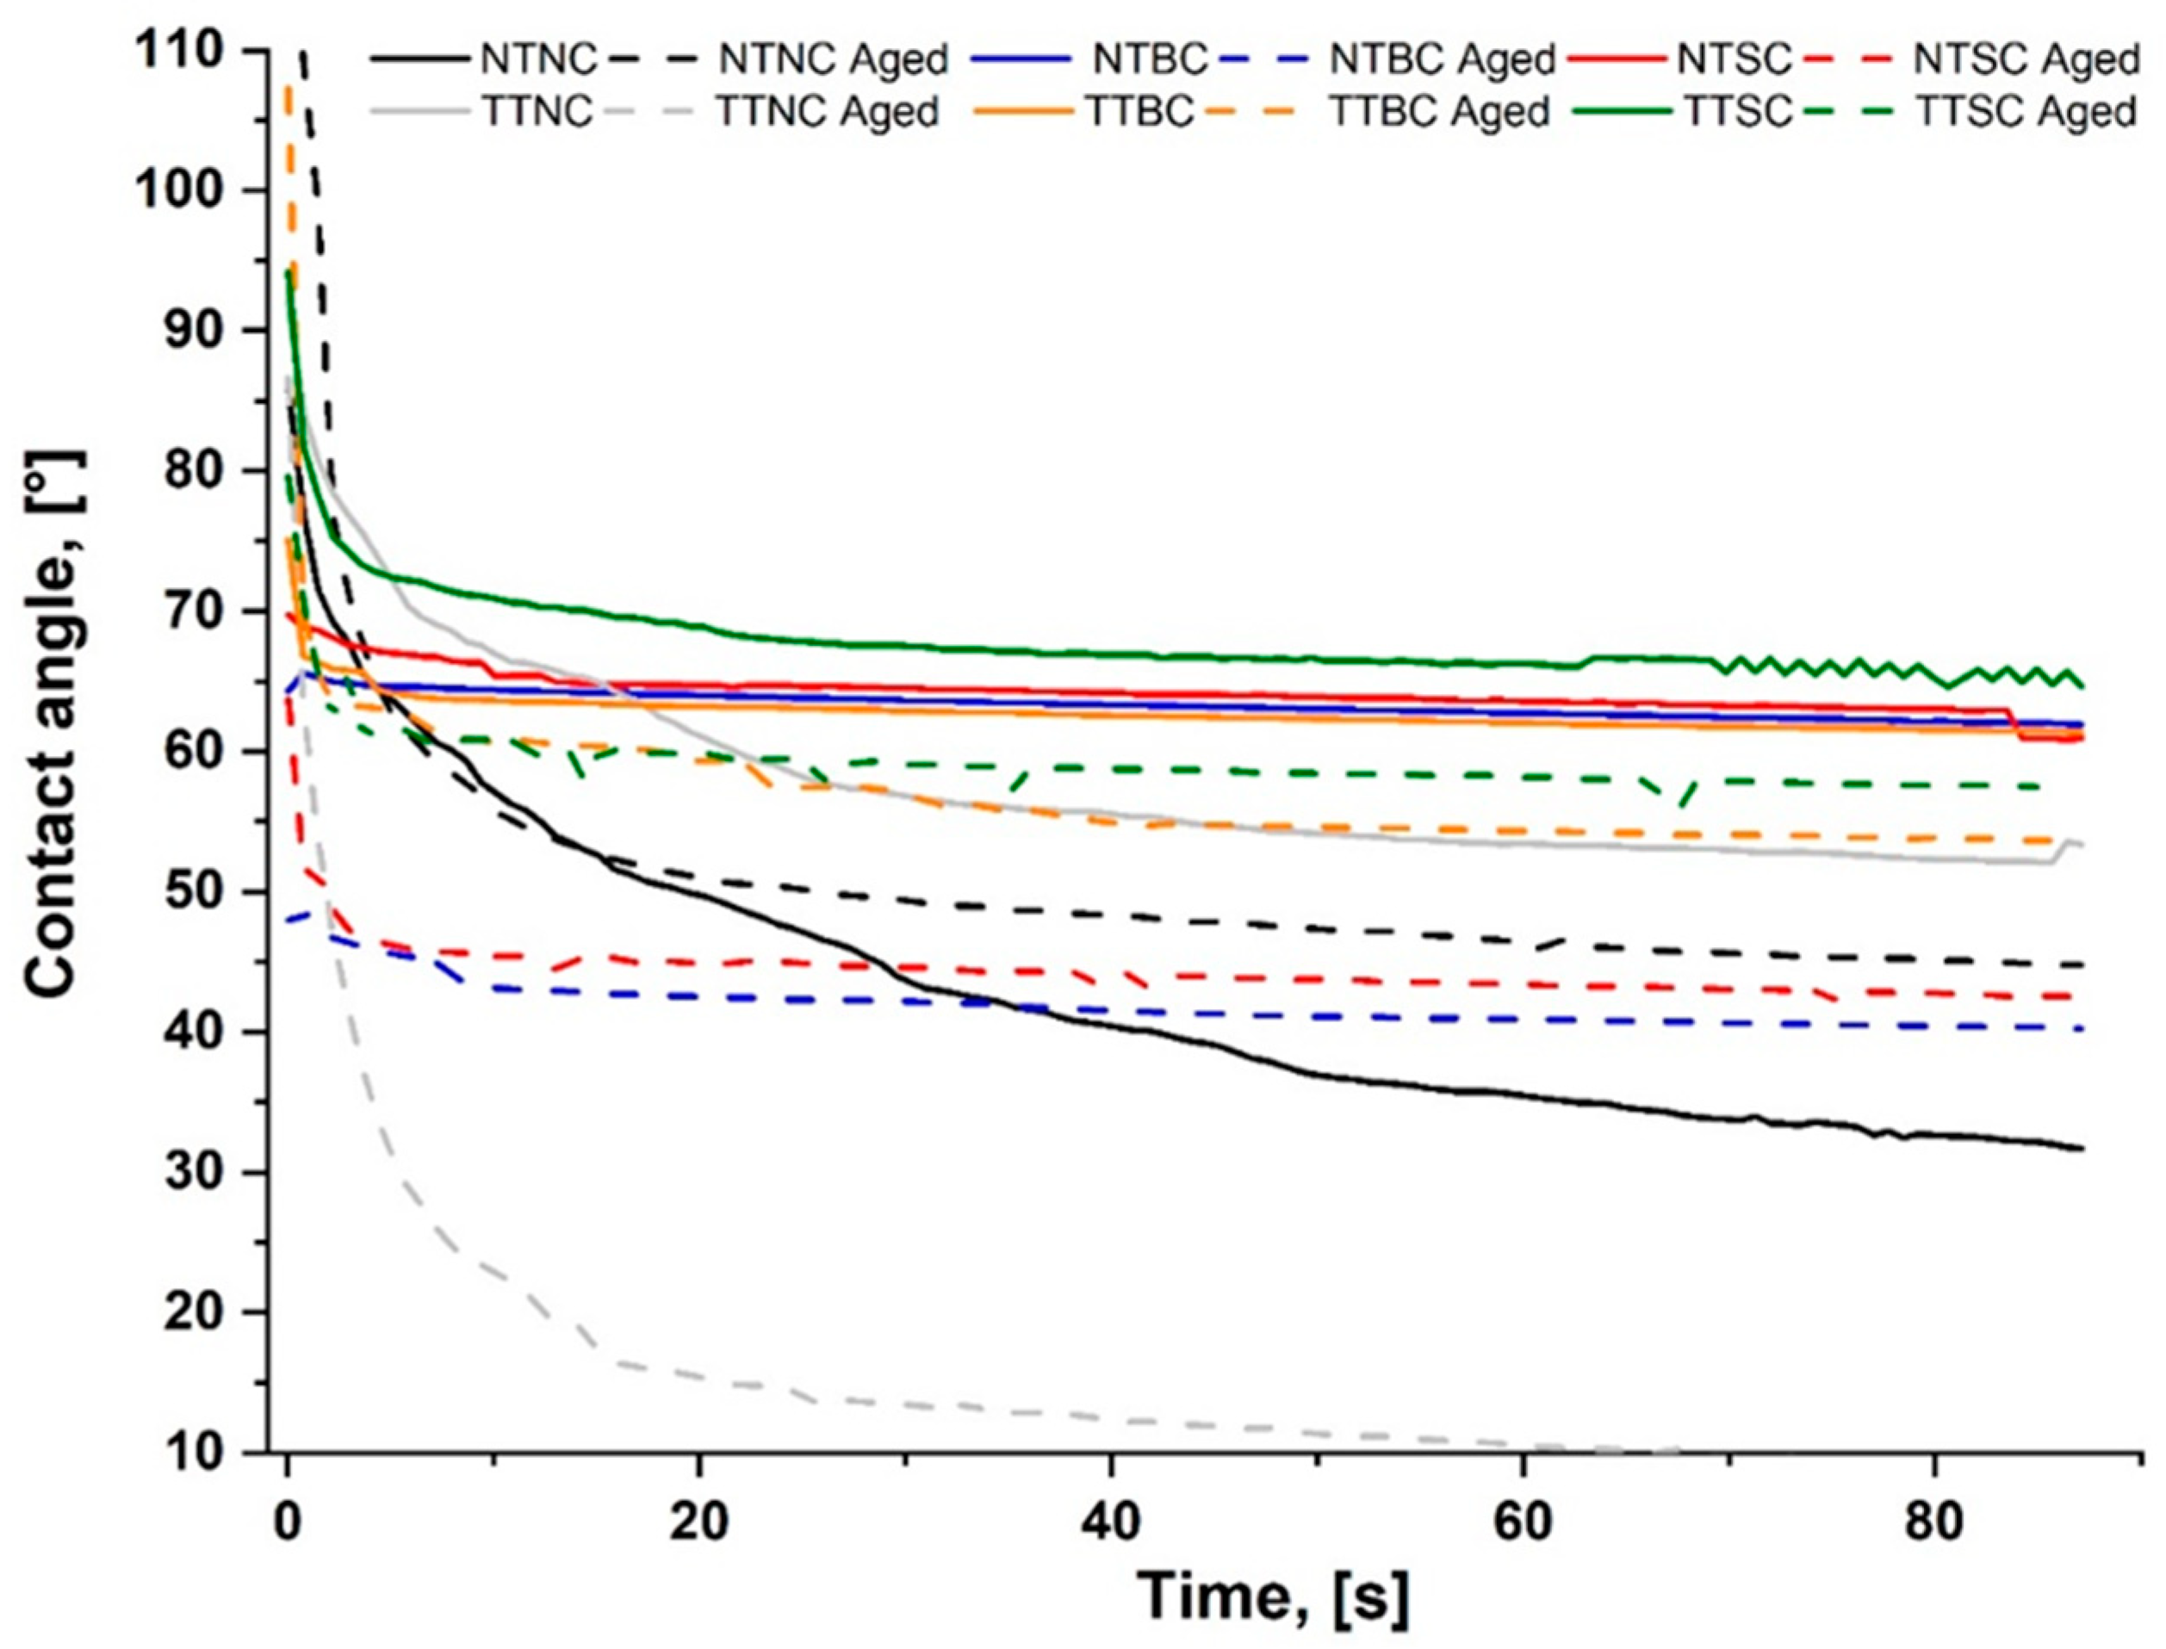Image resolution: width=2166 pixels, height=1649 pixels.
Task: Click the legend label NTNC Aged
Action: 833,60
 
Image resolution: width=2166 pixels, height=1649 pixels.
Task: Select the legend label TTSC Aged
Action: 2026,112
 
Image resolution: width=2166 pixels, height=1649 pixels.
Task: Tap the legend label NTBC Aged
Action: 1443,60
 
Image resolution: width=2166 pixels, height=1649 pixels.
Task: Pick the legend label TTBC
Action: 1139,112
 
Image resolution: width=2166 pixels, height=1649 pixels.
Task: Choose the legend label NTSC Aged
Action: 2026,60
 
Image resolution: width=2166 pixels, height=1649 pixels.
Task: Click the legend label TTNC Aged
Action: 828,112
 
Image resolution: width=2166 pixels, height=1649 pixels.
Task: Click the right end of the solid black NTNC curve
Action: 2081,1149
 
